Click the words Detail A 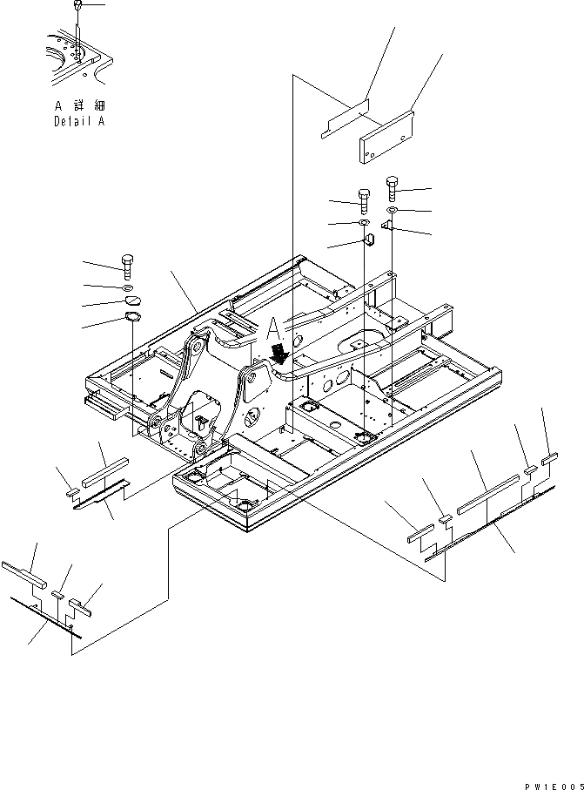pyautogui.click(x=78, y=122)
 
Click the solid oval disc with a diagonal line pyautogui.click(x=131, y=302)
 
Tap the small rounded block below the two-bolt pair pyautogui.click(x=366, y=238)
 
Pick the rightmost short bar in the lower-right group pyautogui.click(x=549, y=457)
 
